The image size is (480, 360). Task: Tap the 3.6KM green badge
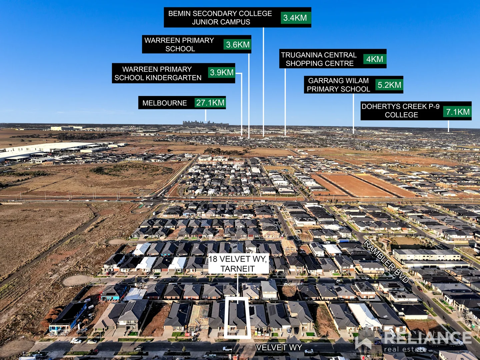pos(237,45)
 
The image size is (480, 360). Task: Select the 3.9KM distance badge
pos(222,72)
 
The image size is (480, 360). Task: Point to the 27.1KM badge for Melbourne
pos(210,103)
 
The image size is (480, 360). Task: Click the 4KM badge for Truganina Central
pos(375,59)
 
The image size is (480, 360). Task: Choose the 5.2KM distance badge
pos(389,85)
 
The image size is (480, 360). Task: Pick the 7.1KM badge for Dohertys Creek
pos(457,112)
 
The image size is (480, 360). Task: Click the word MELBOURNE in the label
pos(164,103)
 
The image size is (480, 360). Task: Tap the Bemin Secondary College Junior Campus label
pos(220,17)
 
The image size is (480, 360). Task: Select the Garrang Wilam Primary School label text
pos(338,85)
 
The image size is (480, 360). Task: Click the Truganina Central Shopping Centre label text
pos(319,59)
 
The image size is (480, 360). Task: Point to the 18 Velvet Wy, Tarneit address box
pos(238,264)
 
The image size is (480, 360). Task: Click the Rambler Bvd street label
pos(386,261)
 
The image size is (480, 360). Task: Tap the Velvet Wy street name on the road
pos(279,347)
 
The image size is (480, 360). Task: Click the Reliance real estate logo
pos(413,340)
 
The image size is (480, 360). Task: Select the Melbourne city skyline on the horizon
pos(206,123)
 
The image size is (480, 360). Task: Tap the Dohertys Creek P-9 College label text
pos(401,111)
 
